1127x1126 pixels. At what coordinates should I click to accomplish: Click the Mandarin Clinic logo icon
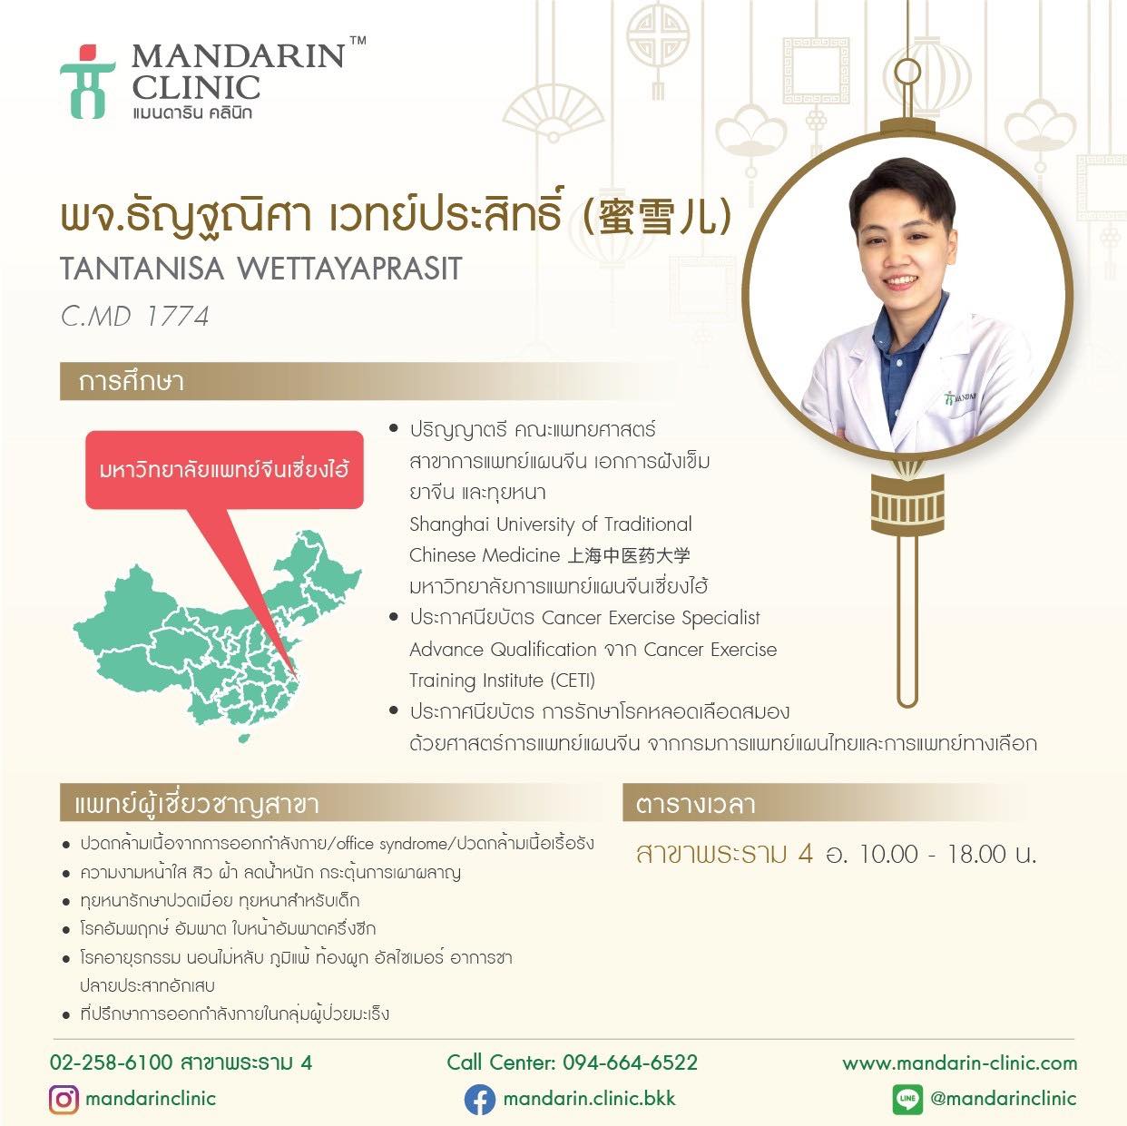coord(87,82)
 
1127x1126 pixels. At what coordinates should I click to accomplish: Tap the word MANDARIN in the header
coord(239,57)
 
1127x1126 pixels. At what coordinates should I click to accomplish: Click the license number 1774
coord(177,317)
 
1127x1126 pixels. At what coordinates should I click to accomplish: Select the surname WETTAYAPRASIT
coord(349,269)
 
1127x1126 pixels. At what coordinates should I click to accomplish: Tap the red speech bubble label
coord(224,470)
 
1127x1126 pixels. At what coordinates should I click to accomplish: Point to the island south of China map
coord(244,739)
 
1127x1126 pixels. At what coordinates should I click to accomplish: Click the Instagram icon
coord(64,1099)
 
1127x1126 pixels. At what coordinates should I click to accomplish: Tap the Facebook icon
coord(480,1100)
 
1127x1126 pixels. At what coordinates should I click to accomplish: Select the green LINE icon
coord(907,1099)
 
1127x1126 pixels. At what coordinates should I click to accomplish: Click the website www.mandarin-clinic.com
coord(959,1062)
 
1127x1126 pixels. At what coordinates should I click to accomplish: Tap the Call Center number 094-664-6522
coord(630,1062)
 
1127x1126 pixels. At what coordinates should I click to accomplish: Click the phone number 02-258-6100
coord(111,1062)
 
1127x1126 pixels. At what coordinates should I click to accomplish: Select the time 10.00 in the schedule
coord(888,855)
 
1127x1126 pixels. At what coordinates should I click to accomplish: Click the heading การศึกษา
coord(132,382)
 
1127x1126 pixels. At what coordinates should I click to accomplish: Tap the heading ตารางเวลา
coord(696,804)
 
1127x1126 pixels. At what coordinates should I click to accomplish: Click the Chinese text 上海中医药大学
coord(629,555)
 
